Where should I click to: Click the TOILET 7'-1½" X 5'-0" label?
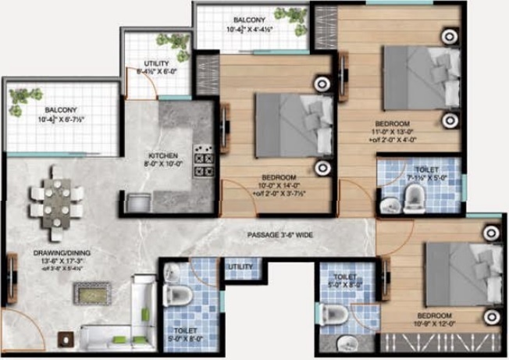coord(426,174)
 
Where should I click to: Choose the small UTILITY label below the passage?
coord(239,268)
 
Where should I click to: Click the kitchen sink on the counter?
coord(138,201)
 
